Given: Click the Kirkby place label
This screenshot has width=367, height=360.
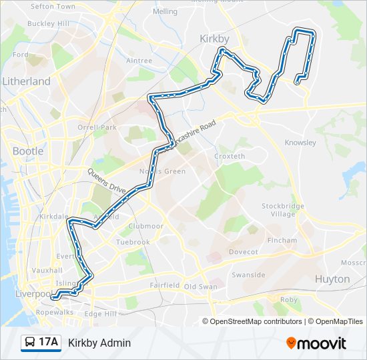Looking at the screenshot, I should (214, 39).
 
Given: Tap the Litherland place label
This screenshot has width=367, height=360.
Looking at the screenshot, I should (26, 81).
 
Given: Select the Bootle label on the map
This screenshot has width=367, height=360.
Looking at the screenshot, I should (28, 151).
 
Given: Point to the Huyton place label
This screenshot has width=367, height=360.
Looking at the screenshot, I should (332, 279).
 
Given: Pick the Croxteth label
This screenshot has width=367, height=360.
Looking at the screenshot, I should (230, 157).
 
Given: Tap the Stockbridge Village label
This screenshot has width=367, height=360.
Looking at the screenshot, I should (283, 210).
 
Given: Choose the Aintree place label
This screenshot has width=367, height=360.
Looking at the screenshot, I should (139, 61).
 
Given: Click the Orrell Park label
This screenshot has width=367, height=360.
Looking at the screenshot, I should (97, 127).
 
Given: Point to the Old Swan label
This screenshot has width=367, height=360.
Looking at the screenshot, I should (201, 287).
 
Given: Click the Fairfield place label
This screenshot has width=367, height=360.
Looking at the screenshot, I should (164, 285).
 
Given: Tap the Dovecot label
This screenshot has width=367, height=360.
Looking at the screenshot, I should (244, 252).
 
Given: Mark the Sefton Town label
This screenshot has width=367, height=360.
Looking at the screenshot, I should (53, 6).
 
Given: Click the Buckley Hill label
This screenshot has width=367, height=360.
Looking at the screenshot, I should (48, 23).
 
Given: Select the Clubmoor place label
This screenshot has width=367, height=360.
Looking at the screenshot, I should (145, 226).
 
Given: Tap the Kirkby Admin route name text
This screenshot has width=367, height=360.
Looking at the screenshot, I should (99, 343).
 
